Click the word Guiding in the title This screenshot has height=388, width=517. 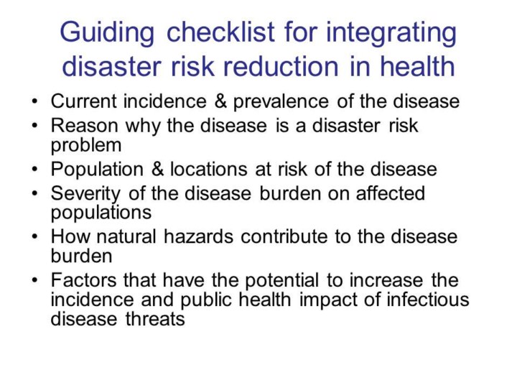click(107, 33)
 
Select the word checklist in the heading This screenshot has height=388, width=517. click(220, 32)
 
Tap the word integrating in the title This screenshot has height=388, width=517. click(391, 33)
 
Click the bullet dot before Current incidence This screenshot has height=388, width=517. click(35, 101)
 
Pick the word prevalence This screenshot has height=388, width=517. click(281, 101)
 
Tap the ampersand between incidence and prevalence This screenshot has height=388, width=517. click(220, 101)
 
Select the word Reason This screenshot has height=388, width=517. click(84, 125)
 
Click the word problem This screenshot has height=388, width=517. click(86, 146)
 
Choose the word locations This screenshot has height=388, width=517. click(208, 169)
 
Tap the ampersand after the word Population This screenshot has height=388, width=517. click(157, 169)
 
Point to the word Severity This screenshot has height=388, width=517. click(85, 194)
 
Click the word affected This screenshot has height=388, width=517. click(391, 193)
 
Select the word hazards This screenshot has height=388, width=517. click(198, 236)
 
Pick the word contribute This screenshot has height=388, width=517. click(284, 236)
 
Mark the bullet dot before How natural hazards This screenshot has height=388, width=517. click(35, 236)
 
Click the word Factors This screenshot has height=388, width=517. click(83, 280)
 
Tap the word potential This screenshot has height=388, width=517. click(282, 281)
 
